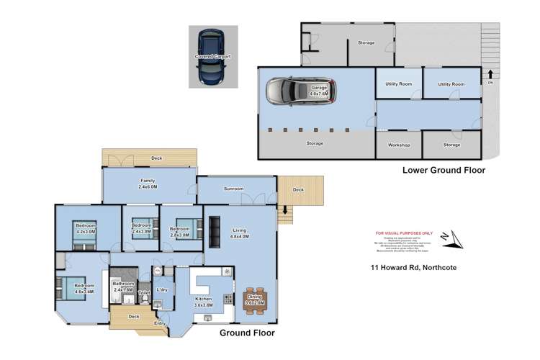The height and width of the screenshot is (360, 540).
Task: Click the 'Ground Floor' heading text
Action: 246,333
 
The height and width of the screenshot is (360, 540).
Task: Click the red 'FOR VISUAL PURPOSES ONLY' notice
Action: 403,233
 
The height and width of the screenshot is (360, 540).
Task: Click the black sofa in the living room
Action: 215,231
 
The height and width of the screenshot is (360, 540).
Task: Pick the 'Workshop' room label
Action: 399,145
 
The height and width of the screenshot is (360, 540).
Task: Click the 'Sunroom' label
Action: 233,189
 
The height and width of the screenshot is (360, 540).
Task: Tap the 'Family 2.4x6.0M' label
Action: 148,184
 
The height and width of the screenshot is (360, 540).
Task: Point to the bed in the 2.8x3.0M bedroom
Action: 180,227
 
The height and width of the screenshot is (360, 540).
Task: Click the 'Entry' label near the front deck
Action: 159,323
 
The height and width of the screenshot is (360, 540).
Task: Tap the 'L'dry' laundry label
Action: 162,289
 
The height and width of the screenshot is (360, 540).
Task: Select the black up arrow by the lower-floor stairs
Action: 490,73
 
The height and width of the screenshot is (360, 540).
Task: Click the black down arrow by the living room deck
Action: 286,210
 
